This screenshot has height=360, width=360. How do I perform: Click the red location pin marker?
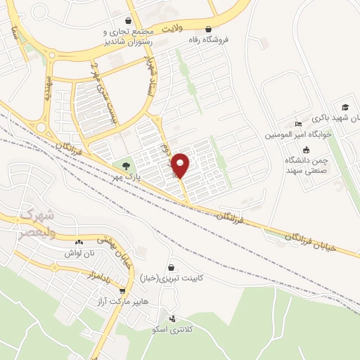[181, 165]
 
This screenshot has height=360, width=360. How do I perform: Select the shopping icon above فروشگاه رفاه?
[208, 29]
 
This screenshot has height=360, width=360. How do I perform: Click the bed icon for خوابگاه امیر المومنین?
[298, 123]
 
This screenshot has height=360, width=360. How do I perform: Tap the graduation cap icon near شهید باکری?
[345, 107]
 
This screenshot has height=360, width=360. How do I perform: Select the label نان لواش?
[78, 252]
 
